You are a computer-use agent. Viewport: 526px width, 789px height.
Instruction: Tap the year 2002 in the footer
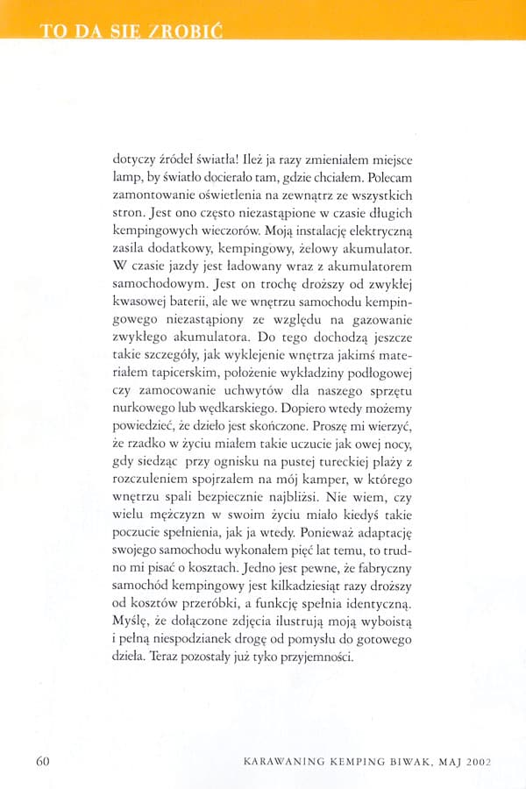(474, 760)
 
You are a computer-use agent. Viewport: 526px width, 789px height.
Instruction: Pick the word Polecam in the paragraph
(377, 178)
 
